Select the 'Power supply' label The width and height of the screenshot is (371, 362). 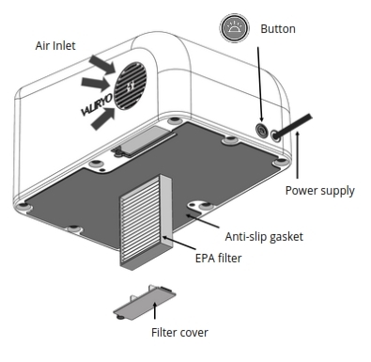319,190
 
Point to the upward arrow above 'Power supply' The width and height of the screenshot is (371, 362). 299,155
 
